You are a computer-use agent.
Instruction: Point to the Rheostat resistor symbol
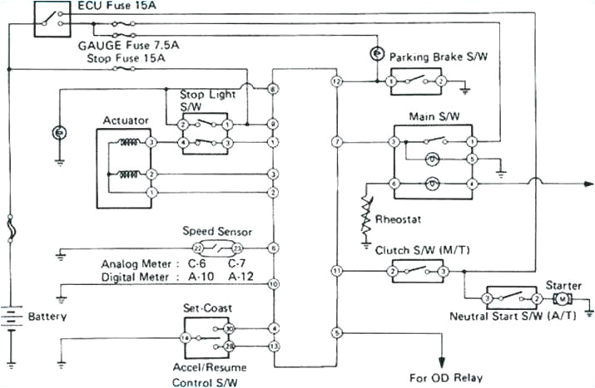[367, 214]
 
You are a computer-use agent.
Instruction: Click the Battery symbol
[11, 318]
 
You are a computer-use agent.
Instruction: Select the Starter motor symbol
[563, 298]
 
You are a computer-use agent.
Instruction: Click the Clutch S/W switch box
[418, 271]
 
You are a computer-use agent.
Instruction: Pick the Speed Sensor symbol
[216, 248]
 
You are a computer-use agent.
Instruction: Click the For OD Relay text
[445, 377]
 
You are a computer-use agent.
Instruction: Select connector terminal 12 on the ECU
[336, 81]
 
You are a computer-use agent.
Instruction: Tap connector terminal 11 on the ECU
[336, 271]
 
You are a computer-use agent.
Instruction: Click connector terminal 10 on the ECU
[273, 284]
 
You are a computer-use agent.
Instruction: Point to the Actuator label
[126, 120]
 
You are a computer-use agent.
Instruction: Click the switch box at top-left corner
[52, 19]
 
